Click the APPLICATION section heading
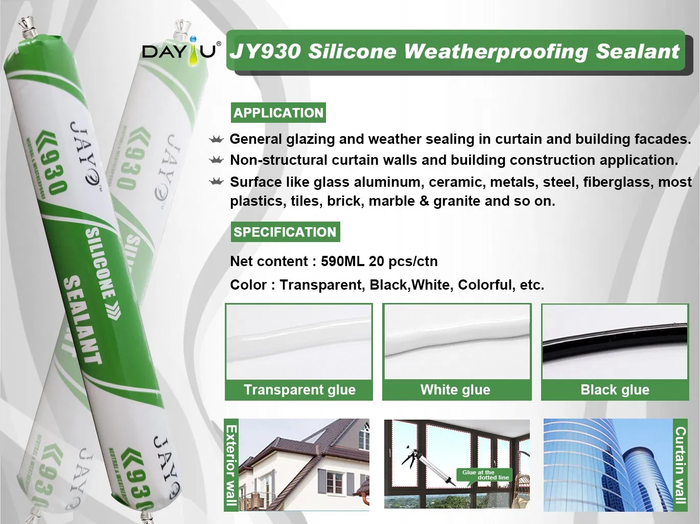[278, 113]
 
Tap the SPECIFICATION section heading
[285, 232]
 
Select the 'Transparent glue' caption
[299, 390]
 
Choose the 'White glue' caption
[455, 390]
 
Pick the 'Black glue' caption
[615, 390]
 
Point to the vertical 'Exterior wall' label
[231, 465]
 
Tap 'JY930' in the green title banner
[265, 52]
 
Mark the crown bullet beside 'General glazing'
[217, 140]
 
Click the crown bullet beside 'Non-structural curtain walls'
[217, 161]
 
